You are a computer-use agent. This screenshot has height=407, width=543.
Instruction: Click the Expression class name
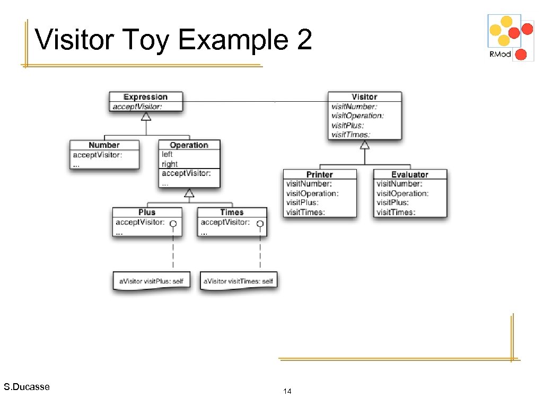pos(145,97)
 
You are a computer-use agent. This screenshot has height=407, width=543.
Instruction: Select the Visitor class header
pos(364,97)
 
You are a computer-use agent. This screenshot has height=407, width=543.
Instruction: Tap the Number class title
pos(104,145)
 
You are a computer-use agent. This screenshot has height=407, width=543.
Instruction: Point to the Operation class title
pos(189,145)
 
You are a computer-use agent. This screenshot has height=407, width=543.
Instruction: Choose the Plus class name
pos(147,213)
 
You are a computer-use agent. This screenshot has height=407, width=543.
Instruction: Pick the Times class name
pos(232,213)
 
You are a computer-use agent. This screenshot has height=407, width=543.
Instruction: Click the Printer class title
pos(320,174)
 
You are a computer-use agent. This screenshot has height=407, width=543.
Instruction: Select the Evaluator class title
pos(409,174)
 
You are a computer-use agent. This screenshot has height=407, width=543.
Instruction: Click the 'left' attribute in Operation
pos(167,155)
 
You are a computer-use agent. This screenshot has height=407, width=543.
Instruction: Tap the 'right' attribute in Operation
pos(170,164)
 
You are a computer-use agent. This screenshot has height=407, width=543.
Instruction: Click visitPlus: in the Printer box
pos(303,203)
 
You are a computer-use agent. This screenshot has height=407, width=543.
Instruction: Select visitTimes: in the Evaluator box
pos(396,213)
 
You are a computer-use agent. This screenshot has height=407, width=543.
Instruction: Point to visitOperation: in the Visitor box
pos(357,116)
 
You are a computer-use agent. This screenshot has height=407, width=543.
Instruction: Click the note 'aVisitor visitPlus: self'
pos(151,281)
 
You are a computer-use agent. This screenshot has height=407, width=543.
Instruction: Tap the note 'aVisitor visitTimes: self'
pos(238,281)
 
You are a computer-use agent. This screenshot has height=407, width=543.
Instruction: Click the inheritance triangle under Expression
pos(146,116)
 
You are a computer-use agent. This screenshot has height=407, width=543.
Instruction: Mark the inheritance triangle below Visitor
pos(365,145)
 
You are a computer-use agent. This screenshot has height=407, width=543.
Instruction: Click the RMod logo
pos(511,38)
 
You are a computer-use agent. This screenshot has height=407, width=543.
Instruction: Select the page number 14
pos(287,392)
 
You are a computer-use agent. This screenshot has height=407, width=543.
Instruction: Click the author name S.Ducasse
pos(27,387)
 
